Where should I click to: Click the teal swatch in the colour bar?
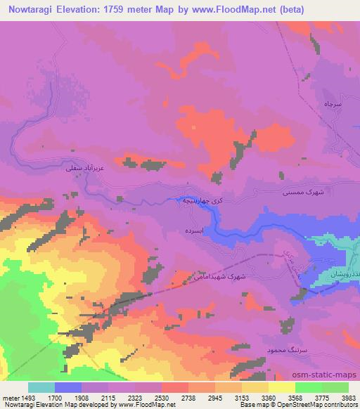coord(41,387)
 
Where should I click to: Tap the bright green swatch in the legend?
coord(309,387)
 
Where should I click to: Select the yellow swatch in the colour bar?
coord(282,387)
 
